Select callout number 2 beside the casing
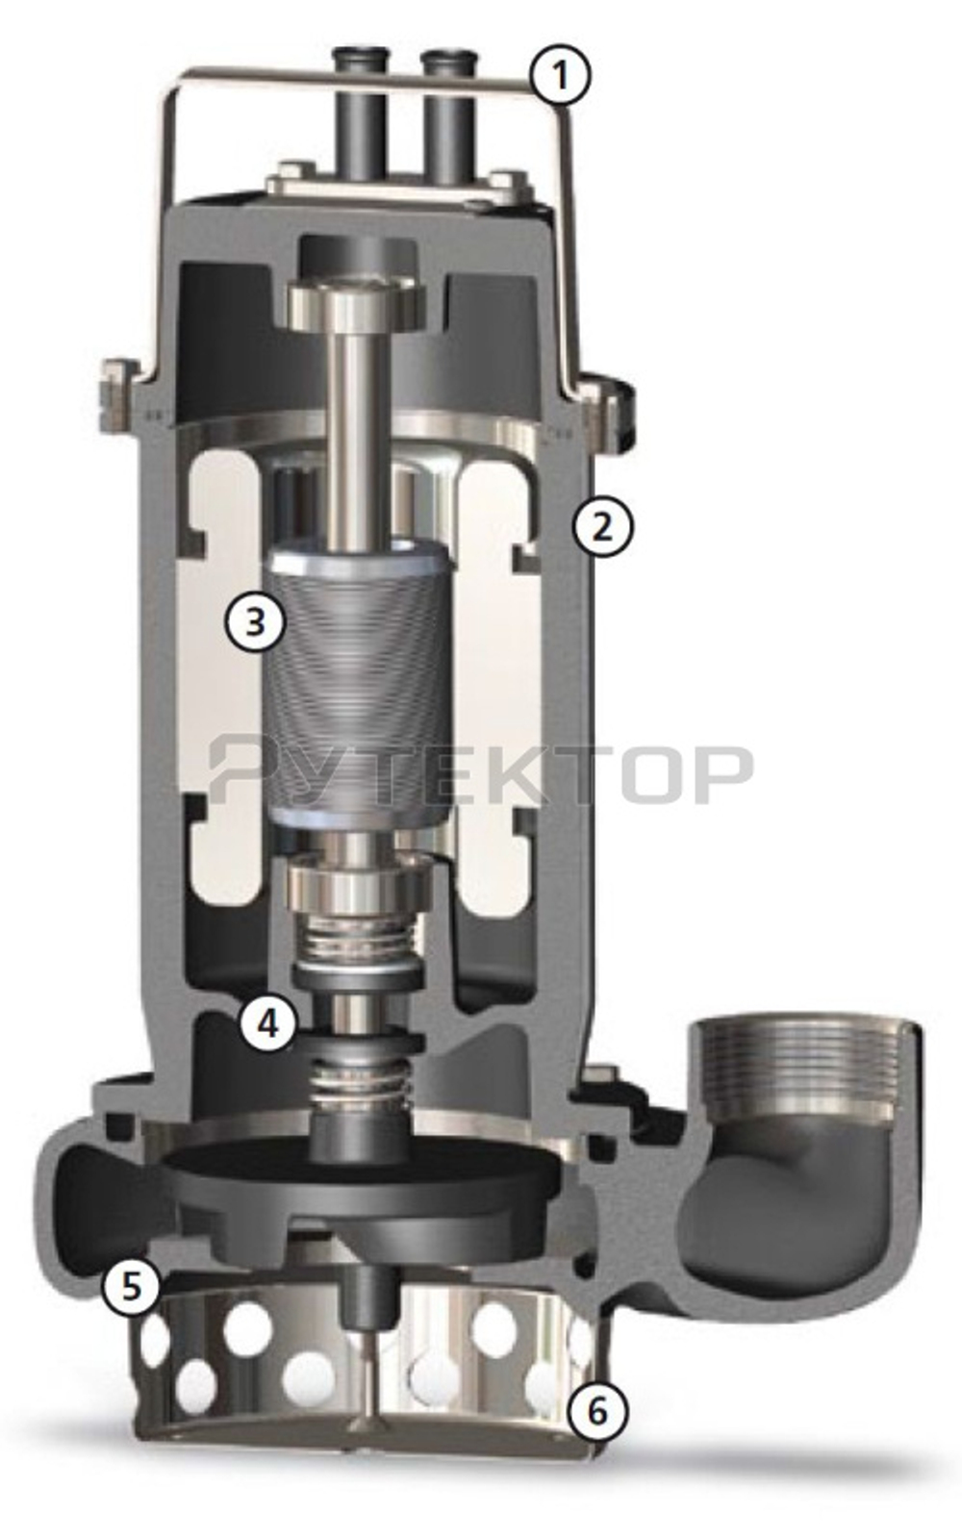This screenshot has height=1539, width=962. (601, 526)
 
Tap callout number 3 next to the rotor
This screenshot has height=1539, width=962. (254, 621)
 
